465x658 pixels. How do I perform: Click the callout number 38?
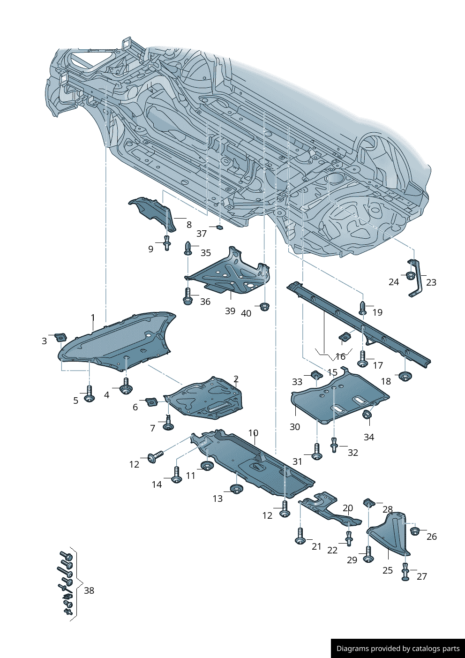point(89,590)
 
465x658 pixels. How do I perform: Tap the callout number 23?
point(431,282)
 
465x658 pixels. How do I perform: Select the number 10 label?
point(253,433)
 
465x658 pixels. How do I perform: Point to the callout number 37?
point(202,234)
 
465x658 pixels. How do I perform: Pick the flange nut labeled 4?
point(126,388)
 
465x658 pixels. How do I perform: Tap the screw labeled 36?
point(187,297)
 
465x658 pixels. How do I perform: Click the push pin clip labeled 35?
point(188,248)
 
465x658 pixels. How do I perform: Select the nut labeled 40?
point(264,307)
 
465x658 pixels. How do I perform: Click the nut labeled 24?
point(410,275)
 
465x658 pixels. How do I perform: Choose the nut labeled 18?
point(404,376)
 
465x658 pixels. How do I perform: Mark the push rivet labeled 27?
point(405,572)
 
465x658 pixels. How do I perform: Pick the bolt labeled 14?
point(177,475)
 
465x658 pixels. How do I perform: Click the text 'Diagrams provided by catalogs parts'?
point(398,649)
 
